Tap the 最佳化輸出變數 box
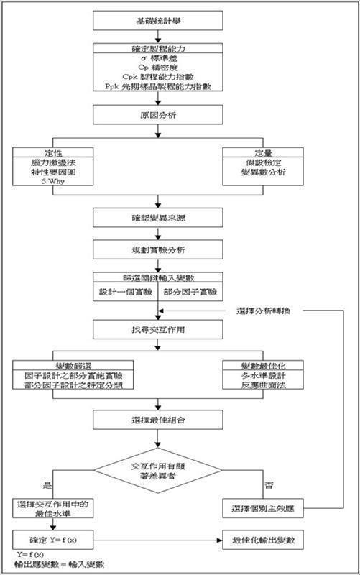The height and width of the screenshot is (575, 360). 263,538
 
